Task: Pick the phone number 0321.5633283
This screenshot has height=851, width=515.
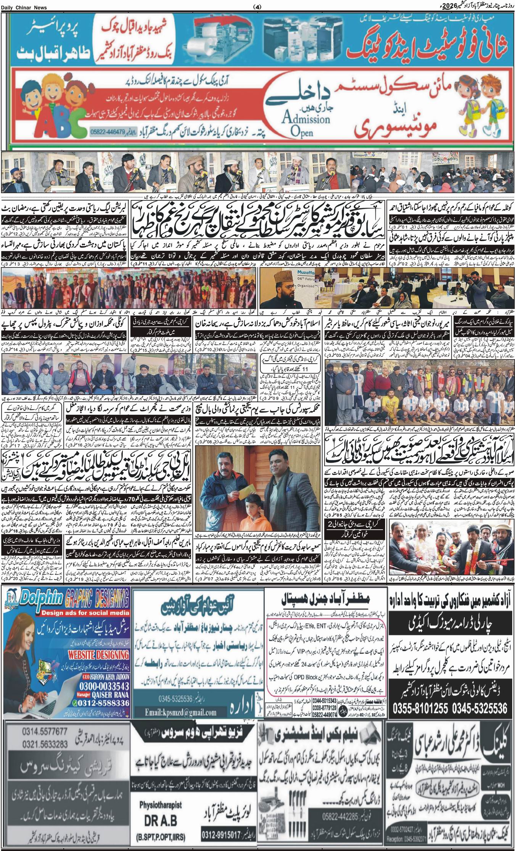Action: point(37,741)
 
